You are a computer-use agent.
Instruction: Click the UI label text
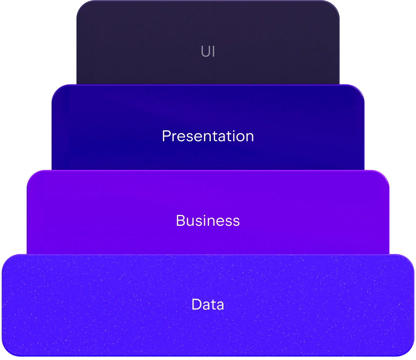coord(208,52)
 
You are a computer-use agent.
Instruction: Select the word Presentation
coord(208,136)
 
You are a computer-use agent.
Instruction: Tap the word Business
coord(208,221)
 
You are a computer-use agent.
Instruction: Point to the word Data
coord(208,305)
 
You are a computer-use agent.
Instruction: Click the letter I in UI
coord(213,52)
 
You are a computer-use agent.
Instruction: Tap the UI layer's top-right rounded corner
coord(336,5)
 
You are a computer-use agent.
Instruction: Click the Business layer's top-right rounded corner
coord(385,174)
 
